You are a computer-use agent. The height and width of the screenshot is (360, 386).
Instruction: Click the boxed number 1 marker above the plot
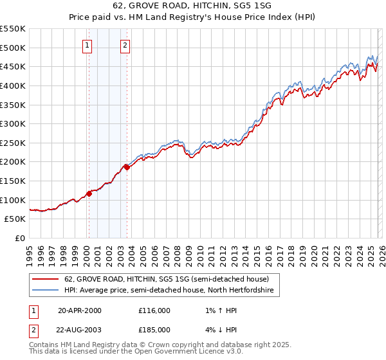click(87, 45)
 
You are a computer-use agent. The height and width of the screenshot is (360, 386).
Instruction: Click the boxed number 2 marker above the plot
click(125, 45)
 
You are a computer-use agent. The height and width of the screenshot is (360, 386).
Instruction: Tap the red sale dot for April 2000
click(89, 194)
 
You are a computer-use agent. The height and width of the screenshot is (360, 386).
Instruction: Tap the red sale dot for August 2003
click(127, 168)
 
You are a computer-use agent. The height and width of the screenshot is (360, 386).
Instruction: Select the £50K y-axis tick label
click(15, 219)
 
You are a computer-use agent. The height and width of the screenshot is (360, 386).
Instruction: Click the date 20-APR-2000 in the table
click(79, 310)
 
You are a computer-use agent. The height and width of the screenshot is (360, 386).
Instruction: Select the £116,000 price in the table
click(154, 310)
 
